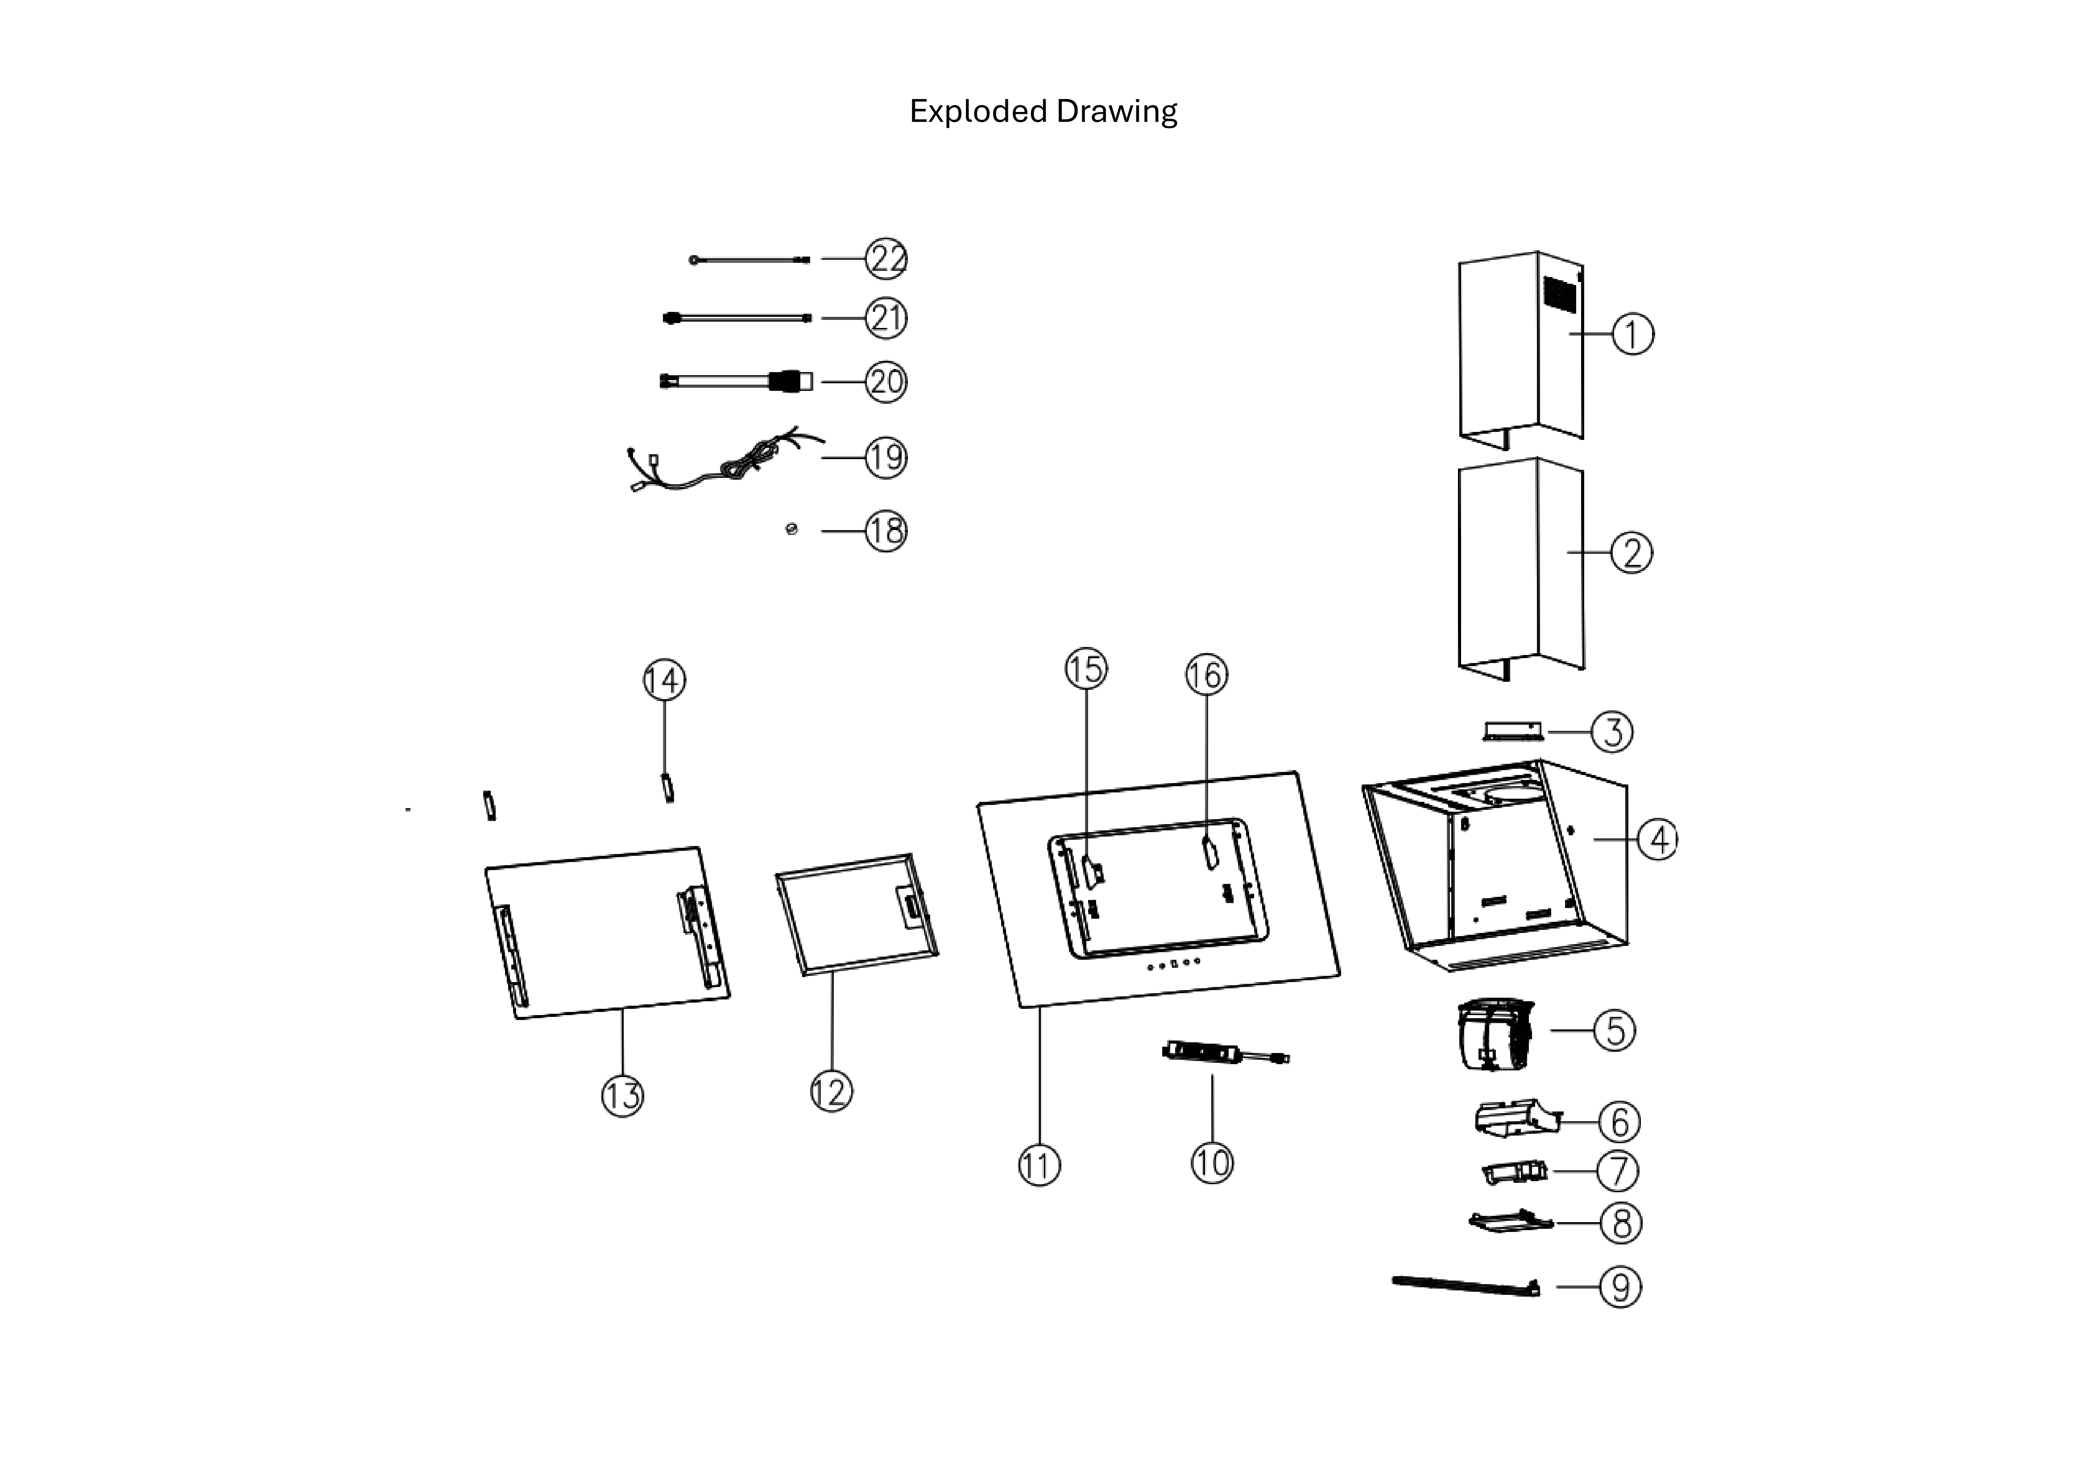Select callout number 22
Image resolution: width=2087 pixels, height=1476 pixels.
pos(886,259)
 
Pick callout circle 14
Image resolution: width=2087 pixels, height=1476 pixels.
pos(664,680)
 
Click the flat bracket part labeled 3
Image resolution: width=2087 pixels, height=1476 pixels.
pos(1513,732)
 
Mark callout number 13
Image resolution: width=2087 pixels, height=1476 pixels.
pos(623,1095)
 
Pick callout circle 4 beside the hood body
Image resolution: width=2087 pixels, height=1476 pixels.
pos(1658,840)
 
